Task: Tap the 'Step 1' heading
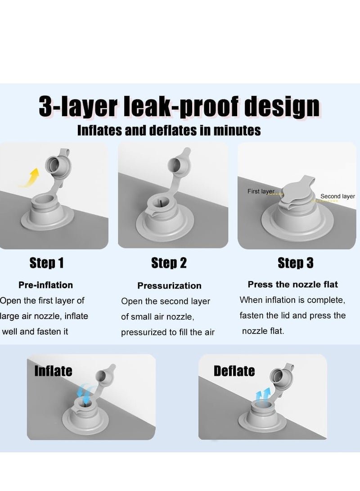click(46, 263)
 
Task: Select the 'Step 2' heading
click(169, 263)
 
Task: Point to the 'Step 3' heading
click(296, 263)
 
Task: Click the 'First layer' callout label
click(261, 191)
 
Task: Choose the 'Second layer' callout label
click(337, 196)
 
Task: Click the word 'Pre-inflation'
click(46, 285)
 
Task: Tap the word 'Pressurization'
click(169, 286)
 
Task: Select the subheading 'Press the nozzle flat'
click(292, 284)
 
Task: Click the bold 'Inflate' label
click(53, 371)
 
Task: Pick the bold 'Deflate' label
click(234, 371)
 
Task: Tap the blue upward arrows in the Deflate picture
click(262, 395)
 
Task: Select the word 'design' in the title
click(282, 107)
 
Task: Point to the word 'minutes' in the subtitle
click(237, 130)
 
